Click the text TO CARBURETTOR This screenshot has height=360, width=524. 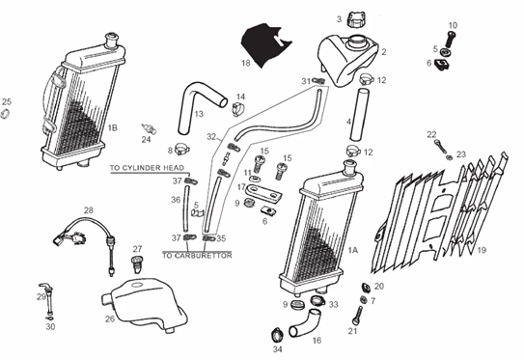197,255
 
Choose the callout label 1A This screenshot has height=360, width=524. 352,249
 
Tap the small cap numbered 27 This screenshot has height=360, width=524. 135,262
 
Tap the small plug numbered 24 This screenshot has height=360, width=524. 150,126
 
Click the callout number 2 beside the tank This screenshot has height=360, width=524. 383,51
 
